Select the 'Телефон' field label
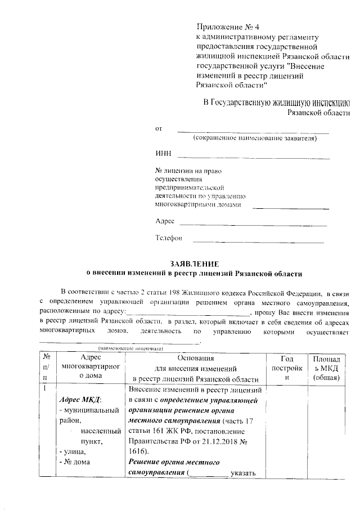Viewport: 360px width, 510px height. (x=169, y=238)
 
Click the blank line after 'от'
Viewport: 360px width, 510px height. (x=253, y=132)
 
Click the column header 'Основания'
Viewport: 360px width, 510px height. (x=196, y=358)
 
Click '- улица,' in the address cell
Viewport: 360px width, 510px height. (x=73, y=451)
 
